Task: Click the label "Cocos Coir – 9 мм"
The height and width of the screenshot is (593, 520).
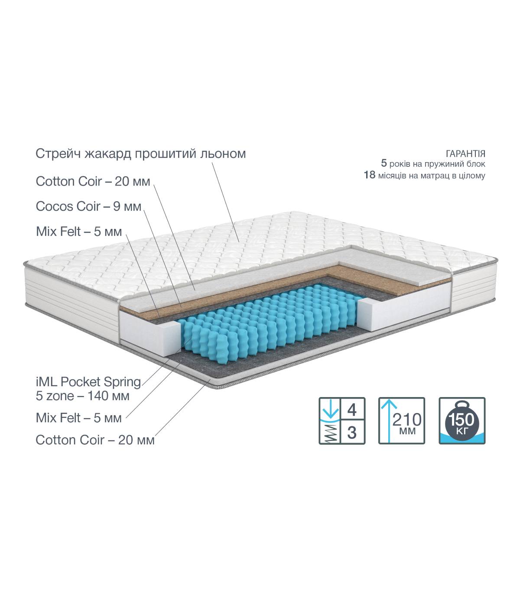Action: tap(88, 206)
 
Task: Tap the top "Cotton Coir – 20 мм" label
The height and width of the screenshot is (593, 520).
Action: tap(93, 182)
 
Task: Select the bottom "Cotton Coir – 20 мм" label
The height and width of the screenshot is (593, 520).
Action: tap(95, 440)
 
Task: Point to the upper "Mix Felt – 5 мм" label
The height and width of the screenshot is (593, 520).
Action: tap(79, 231)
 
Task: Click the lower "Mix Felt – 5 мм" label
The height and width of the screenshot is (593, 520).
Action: tap(78, 418)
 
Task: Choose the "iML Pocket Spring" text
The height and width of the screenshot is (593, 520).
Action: tap(88, 382)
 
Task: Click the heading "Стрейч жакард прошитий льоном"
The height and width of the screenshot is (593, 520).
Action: tap(140, 153)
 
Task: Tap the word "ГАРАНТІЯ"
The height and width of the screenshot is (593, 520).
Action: tap(465, 153)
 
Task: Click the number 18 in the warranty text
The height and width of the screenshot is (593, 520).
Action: tap(369, 175)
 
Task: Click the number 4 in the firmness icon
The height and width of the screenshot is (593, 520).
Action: tap(352, 410)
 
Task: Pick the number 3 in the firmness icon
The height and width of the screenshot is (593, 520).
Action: tap(352, 433)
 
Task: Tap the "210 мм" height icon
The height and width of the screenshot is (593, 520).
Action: tap(402, 420)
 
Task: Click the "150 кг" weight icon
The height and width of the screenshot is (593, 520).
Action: tap(462, 420)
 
